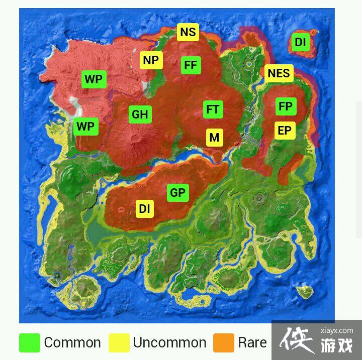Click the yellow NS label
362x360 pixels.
pyautogui.click(x=188, y=33)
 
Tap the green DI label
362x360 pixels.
pyautogui.click(x=300, y=43)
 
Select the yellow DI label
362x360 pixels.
pyautogui.click(x=145, y=208)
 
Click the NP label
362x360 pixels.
pyautogui.click(x=151, y=61)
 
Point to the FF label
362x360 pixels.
pyautogui.click(x=191, y=65)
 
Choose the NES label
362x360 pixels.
pyautogui.click(x=279, y=73)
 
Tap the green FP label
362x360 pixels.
pyautogui.click(x=286, y=106)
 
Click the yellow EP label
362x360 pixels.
pyautogui.click(x=285, y=131)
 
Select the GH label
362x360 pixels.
pyautogui.click(x=140, y=114)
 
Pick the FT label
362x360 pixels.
pyautogui.click(x=213, y=109)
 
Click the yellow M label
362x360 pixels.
pyautogui.click(x=215, y=138)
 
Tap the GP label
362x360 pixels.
pyautogui.click(x=177, y=192)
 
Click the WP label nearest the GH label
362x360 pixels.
pyautogui.click(x=85, y=127)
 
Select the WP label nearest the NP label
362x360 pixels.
pyautogui.click(x=94, y=79)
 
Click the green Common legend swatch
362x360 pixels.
pyautogui.click(x=29, y=343)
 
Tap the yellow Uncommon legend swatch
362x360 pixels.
pyautogui.click(x=119, y=343)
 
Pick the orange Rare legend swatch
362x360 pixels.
pyautogui.click(x=224, y=343)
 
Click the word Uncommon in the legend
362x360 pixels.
pyautogui.click(x=169, y=343)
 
